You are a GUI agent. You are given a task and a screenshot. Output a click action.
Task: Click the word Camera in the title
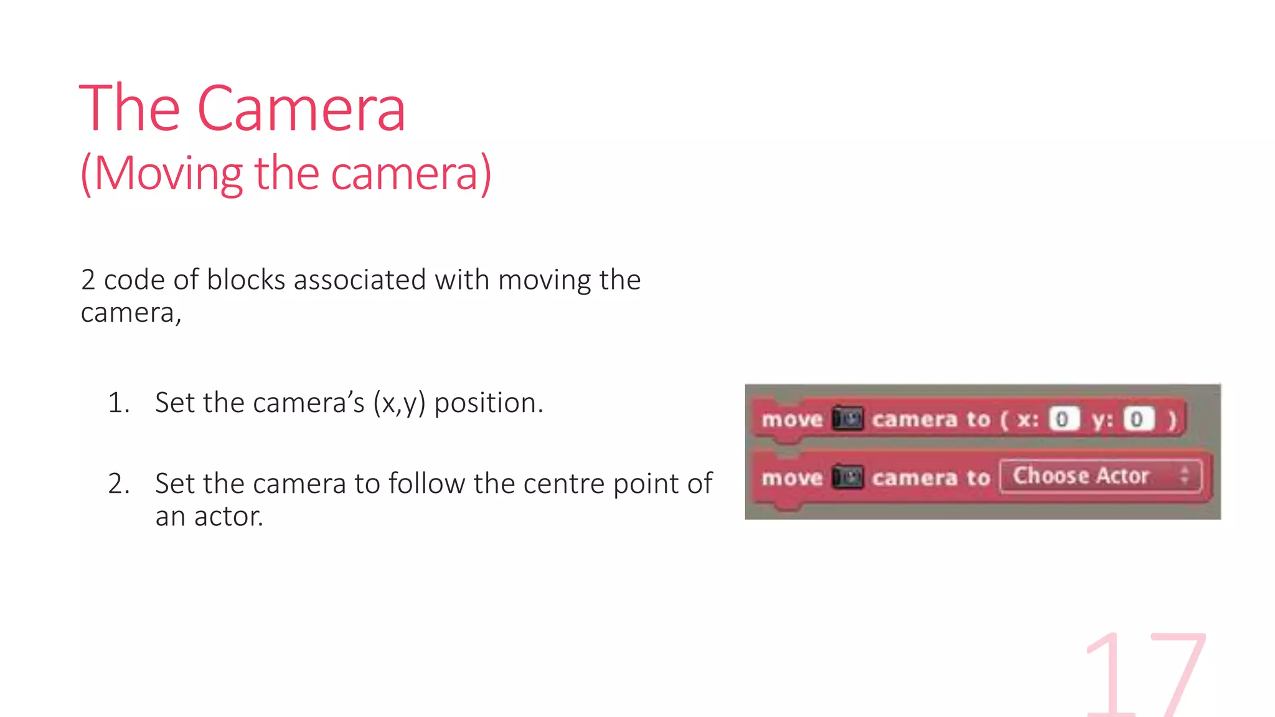click(301, 110)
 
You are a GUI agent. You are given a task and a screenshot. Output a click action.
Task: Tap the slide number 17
click(1146, 675)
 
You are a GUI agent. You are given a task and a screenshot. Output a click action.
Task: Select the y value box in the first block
click(1137, 419)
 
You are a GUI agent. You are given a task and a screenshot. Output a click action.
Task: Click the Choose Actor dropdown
click(1099, 476)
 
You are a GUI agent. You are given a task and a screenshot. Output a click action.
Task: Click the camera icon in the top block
click(847, 418)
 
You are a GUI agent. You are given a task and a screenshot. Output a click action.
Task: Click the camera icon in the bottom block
click(847, 477)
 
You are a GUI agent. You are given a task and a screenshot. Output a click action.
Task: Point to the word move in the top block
click(792, 419)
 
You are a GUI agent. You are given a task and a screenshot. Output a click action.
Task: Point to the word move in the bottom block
click(792, 478)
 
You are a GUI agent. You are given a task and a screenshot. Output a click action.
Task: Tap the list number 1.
click(118, 403)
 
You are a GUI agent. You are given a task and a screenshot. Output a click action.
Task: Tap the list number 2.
click(118, 484)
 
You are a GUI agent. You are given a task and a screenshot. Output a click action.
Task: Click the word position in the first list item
click(488, 403)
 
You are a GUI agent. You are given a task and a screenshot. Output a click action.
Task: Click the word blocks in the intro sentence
click(246, 280)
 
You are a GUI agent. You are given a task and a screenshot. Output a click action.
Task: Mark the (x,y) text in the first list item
click(399, 403)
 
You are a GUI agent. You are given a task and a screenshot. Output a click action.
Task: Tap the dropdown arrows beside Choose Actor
click(1185, 476)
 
